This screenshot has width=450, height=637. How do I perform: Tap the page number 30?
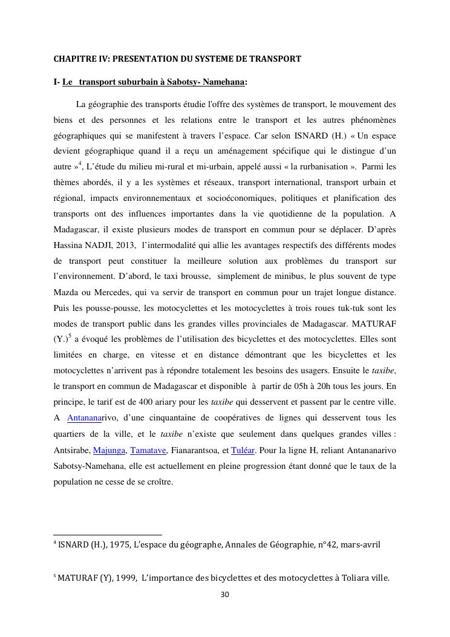pos(224,594)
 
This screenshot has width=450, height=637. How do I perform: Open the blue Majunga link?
pos(109,450)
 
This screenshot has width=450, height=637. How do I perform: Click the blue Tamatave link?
pos(147,450)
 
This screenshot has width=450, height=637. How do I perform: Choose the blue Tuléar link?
pos(243,450)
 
